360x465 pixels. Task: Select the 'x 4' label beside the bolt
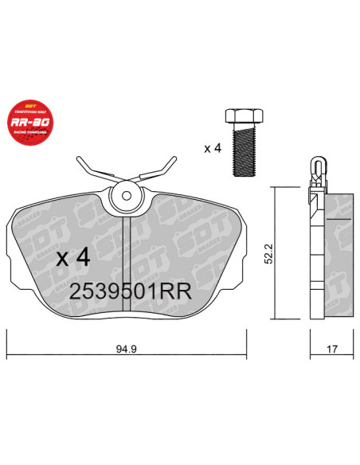[212, 148]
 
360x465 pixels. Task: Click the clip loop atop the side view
[316, 169]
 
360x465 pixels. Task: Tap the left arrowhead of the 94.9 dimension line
[10, 338]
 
